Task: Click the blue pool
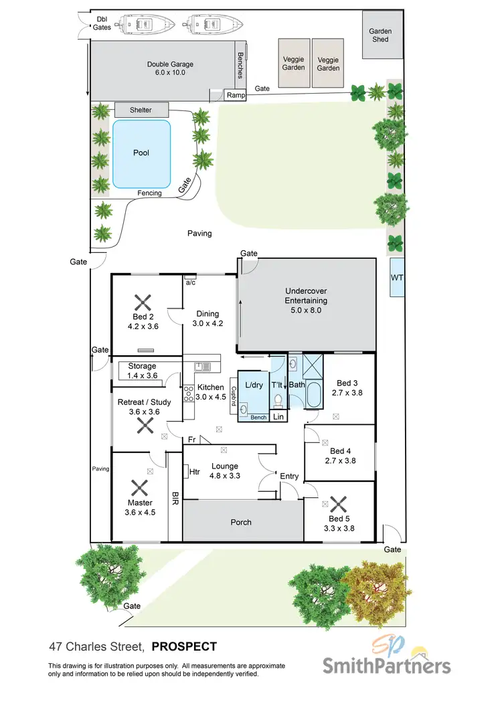pos(141,154)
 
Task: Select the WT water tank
pos(397,276)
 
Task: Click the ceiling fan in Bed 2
pos(142,302)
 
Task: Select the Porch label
pos(241,522)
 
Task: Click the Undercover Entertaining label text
pos(306,296)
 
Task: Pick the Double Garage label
pos(170,68)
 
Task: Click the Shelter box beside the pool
pos(141,110)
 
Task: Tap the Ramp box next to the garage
pos(236,96)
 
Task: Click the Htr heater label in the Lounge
pos(195,472)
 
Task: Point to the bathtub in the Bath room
pos(313,397)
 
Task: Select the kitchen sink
pos(201,366)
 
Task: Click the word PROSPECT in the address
pos(184,646)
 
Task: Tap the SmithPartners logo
pos(387,660)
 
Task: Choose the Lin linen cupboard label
pos(278,417)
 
